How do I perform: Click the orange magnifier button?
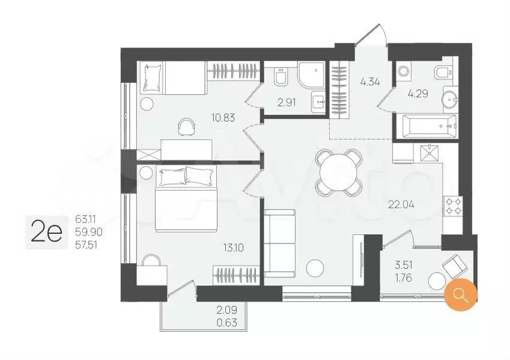(461, 294)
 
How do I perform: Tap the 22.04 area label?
(401, 205)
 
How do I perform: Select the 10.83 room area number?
(223, 118)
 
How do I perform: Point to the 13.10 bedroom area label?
(234, 248)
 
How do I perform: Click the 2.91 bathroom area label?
(287, 103)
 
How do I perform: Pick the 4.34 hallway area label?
(370, 81)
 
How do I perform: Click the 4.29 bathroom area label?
(418, 94)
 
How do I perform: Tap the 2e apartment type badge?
(46, 233)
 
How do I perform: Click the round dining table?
(339, 173)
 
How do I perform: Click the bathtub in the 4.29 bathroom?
(427, 126)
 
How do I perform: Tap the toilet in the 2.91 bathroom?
(281, 77)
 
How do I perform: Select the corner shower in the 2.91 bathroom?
(311, 75)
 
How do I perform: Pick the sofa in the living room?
(280, 243)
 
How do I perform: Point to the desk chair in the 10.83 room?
(186, 126)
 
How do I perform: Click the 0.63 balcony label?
(227, 323)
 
